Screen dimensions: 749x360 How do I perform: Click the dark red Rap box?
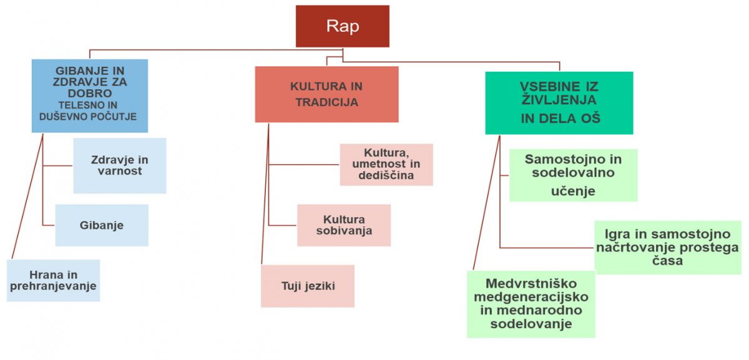(343, 26)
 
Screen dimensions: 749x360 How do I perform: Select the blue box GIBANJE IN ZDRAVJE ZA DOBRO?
(90, 96)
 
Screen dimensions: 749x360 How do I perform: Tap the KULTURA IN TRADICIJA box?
(326, 94)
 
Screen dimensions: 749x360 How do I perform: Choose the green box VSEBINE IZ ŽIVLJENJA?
(559, 103)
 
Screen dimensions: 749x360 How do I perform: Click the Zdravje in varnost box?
(120, 166)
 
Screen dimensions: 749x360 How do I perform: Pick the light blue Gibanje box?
(102, 225)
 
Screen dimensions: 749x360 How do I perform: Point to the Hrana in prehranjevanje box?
(54, 281)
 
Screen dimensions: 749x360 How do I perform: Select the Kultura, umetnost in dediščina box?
(386, 165)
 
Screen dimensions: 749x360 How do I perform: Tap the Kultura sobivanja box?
(344, 225)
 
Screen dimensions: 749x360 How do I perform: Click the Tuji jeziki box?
(308, 286)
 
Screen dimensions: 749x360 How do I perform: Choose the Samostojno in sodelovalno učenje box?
(574, 175)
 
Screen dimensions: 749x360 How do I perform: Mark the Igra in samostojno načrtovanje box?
(668, 247)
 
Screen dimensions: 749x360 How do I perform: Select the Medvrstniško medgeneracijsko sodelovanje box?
(531, 304)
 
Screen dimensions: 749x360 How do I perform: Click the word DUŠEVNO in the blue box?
(59, 117)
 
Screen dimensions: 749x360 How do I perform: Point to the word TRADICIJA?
(326, 102)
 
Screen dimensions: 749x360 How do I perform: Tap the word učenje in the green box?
(573, 191)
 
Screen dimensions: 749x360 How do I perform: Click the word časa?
(667, 261)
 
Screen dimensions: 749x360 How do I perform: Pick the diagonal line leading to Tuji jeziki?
(265, 194)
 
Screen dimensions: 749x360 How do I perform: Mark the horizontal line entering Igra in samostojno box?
(547, 248)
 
